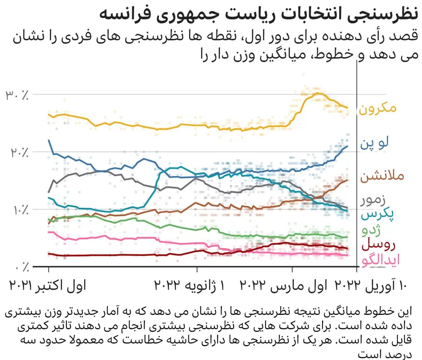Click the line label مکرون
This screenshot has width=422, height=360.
[377, 108]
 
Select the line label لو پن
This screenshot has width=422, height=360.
[375, 143]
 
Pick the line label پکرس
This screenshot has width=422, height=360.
[378, 214]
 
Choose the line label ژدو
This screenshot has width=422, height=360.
[371, 230]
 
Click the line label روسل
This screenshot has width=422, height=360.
[378, 245]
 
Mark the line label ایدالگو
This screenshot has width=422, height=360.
[380, 260]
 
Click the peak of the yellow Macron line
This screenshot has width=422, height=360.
[317, 93]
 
